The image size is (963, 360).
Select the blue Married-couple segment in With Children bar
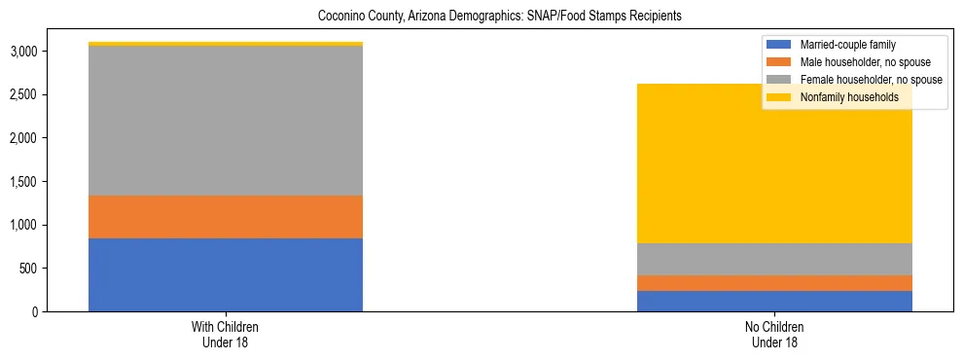pyautogui.click(x=226, y=274)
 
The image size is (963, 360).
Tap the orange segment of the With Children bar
pyautogui.click(x=226, y=217)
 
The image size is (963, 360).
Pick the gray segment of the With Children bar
pyautogui.click(x=226, y=121)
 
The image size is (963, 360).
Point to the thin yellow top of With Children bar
pyautogui.click(x=226, y=44)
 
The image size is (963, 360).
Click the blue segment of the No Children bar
pyautogui.click(x=774, y=301)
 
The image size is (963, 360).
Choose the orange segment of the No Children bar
pyautogui.click(x=774, y=283)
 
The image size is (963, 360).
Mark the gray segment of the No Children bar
pyautogui.click(x=774, y=259)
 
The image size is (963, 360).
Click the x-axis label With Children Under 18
pyautogui.click(x=226, y=335)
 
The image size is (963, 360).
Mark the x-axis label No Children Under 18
pyautogui.click(x=774, y=335)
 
